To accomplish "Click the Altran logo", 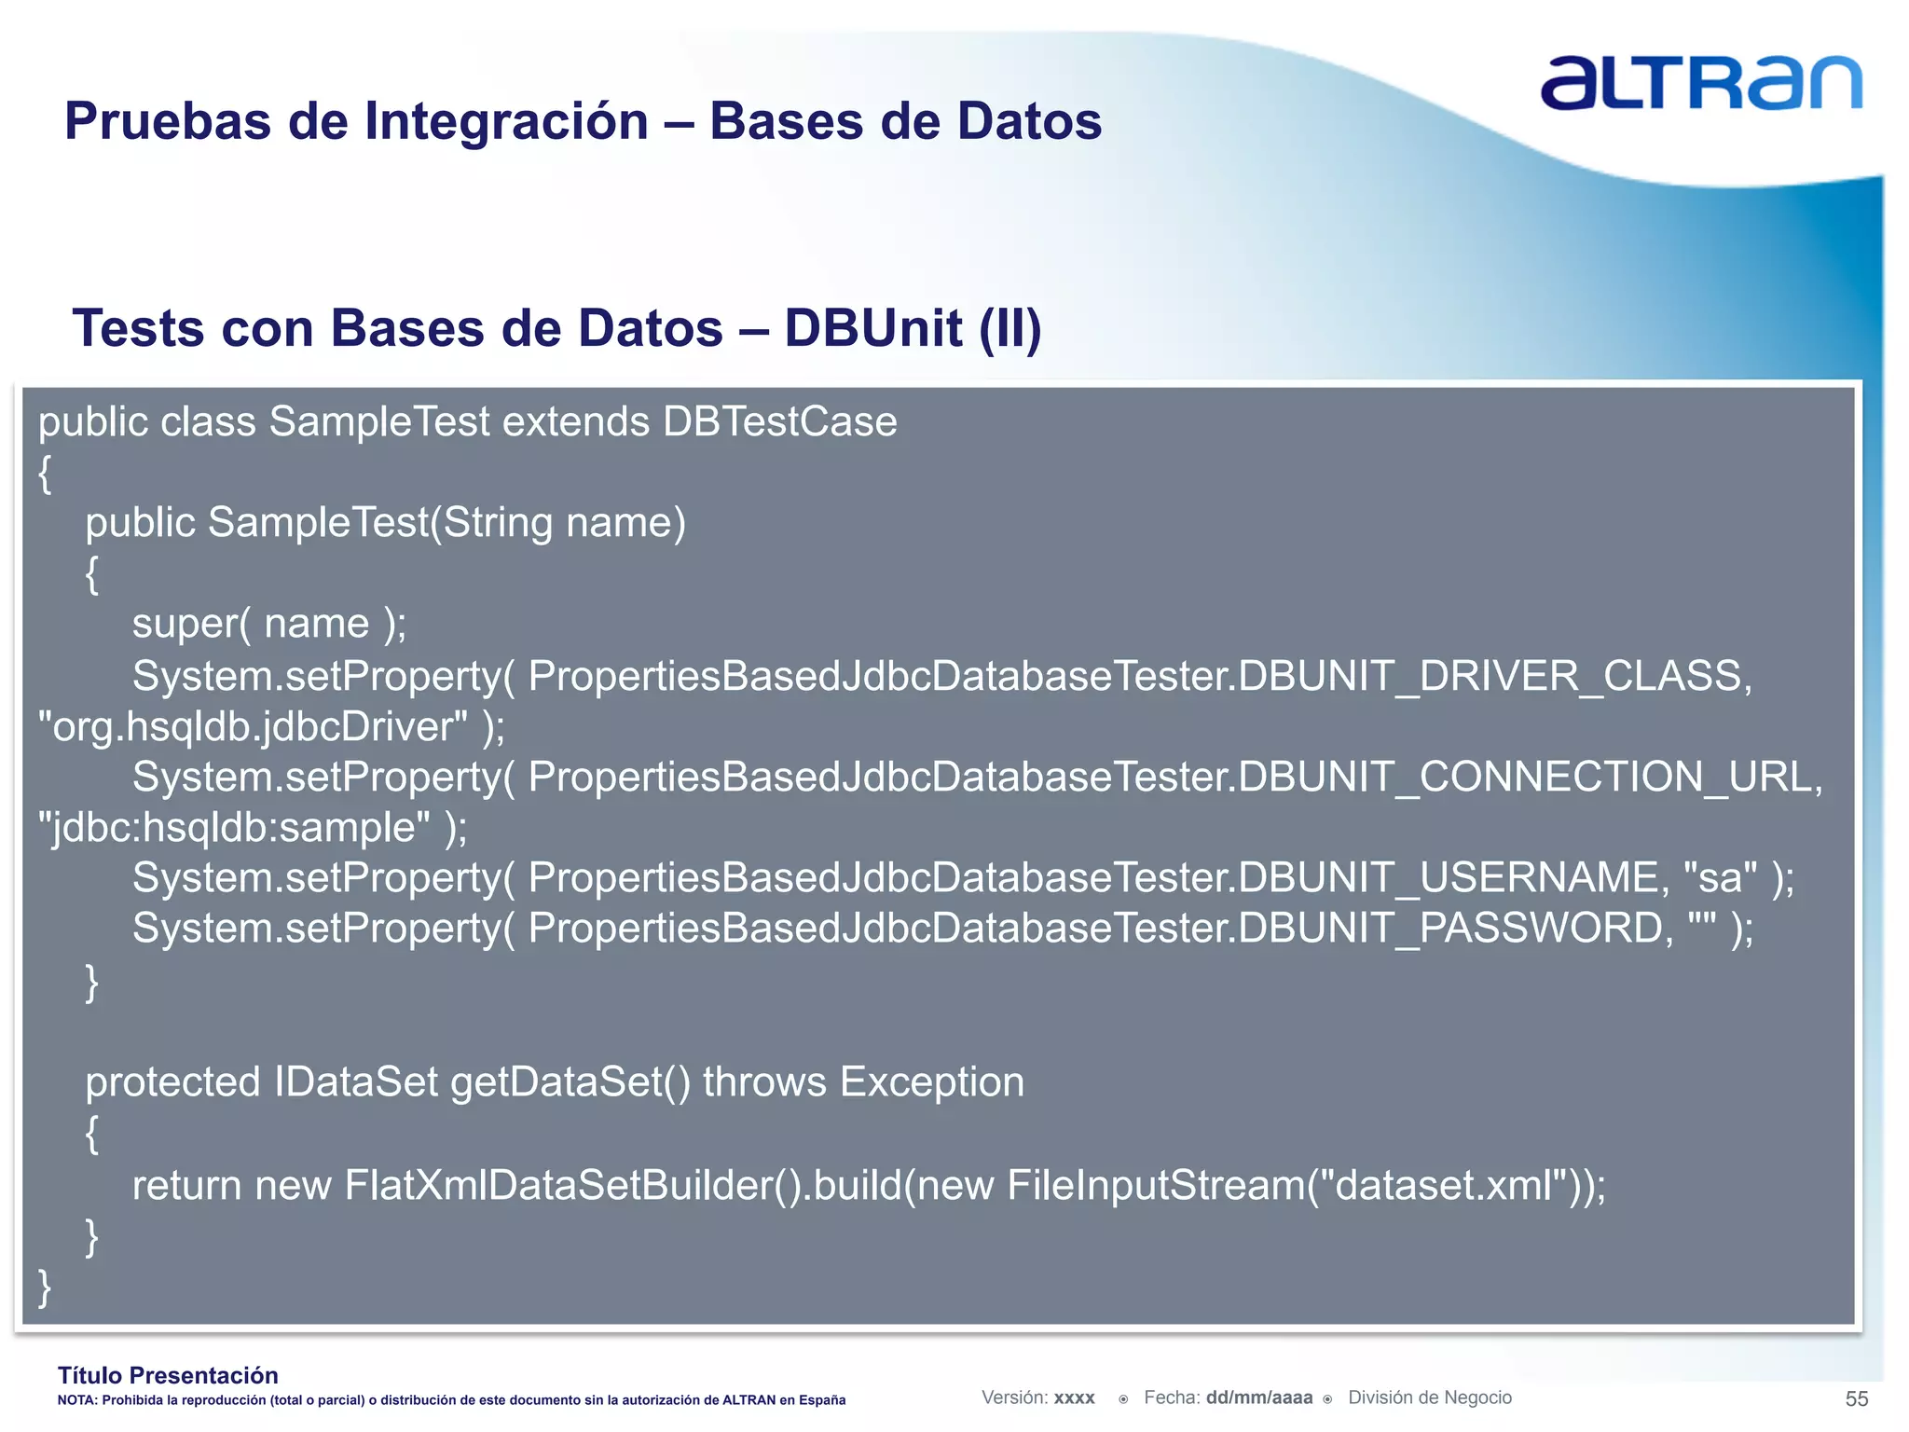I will pyautogui.click(x=1700, y=84).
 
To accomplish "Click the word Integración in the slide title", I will pyautogui.click(x=506, y=122).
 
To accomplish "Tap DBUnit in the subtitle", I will pyautogui.click(x=872, y=328).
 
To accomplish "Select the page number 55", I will pyautogui.click(x=1856, y=1398).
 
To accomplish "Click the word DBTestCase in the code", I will pyautogui.click(x=779, y=422).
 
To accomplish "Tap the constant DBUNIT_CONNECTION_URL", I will pyautogui.click(x=1530, y=778).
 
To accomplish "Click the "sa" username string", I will pyautogui.click(x=1720, y=878).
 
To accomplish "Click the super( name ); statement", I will pyautogui.click(x=269, y=624).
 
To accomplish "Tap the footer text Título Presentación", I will pyautogui.click(x=168, y=1375).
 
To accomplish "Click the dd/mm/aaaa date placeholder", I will pyautogui.click(x=1258, y=1398).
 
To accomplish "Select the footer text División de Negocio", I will pyautogui.click(x=1429, y=1398).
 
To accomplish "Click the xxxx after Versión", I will pyautogui.click(x=1074, y=1398).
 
